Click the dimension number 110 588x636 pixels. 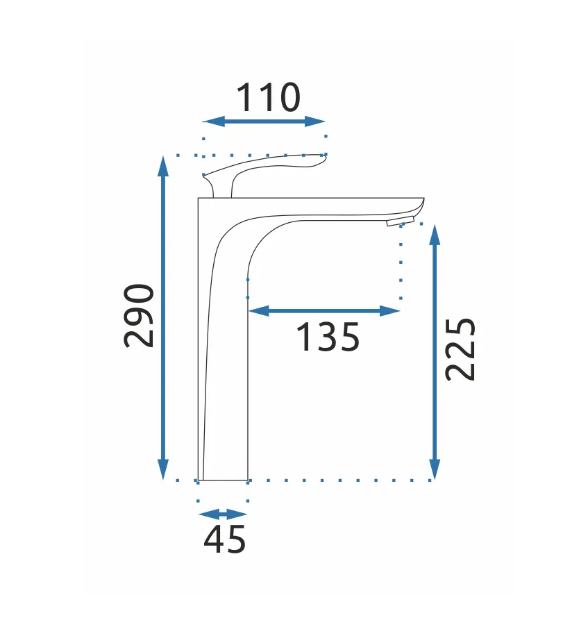[x=269, y=97]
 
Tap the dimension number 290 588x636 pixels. [x=139, y=315]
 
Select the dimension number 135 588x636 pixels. [x=328, y=337]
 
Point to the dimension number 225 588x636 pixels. [x=460, y=350]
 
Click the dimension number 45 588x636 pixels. [x=225, y=539]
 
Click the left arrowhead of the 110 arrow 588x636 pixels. [x=213, y=122]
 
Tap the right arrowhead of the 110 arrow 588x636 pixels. [x=314, y=122]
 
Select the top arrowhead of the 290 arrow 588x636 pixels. [x=163, y=167]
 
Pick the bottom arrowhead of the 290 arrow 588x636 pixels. [x=163, y=469]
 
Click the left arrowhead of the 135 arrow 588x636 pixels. [x=259, y=311]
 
